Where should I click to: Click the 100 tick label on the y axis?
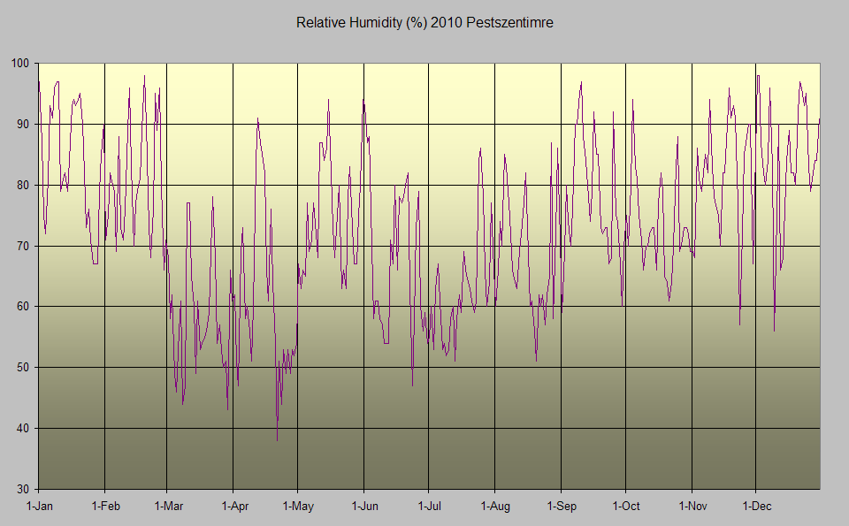pos(19,64)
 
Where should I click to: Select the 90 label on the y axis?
pos(22,125)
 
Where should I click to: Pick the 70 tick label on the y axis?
pos(22,246)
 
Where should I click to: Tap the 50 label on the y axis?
pos(22,368)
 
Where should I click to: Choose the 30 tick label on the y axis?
pos(22,489)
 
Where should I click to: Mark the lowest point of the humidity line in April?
pos(277,440)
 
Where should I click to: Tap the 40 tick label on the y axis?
pos(22,429)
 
